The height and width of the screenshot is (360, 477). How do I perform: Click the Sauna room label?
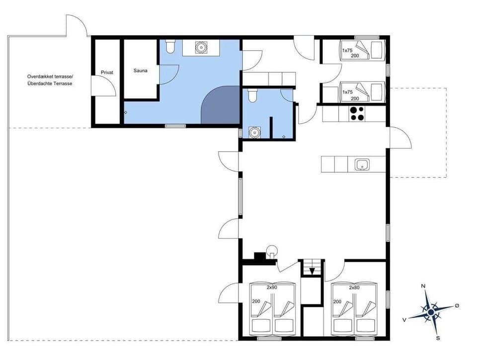coord(141,71)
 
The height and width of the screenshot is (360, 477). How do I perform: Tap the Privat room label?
coord(107,72)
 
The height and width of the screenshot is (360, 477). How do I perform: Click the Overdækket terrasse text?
coord(50,76)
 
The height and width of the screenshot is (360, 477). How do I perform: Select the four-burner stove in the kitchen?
coord(356,114)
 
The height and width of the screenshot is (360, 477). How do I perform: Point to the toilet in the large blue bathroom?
coord(170,47)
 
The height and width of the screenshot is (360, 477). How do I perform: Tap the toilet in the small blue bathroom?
coord(252,95)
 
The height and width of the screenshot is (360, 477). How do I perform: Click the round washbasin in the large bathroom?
coord(201,48)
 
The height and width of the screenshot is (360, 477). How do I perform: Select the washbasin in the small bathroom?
coord(255,133)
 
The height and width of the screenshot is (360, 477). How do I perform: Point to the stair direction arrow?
coord(312,271)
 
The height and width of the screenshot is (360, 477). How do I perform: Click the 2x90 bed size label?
coord(271,288)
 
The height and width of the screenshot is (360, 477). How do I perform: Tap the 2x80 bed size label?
coord(354,288)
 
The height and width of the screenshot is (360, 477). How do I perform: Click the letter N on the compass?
coord(423,286)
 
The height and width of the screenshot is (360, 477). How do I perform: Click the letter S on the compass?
coord(438,338)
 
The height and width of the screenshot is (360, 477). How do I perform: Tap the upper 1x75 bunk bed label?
coord(347,50)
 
